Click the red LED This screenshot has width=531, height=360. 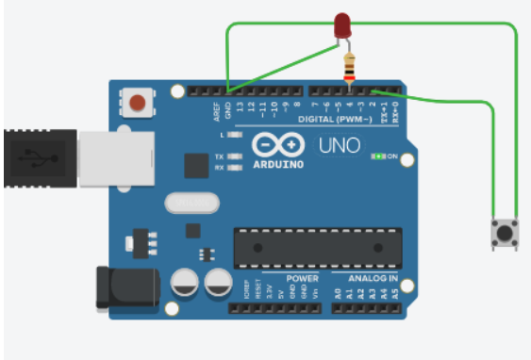[x=343, y=27]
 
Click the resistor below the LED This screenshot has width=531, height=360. [x=351, y=67]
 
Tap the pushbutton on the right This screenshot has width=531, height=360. [x=506, y=232]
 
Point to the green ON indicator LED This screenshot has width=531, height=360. [x=379, y=155]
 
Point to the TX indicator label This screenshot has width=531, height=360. [x=219, y=156]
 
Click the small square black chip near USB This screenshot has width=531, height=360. [x=195, y=166]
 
